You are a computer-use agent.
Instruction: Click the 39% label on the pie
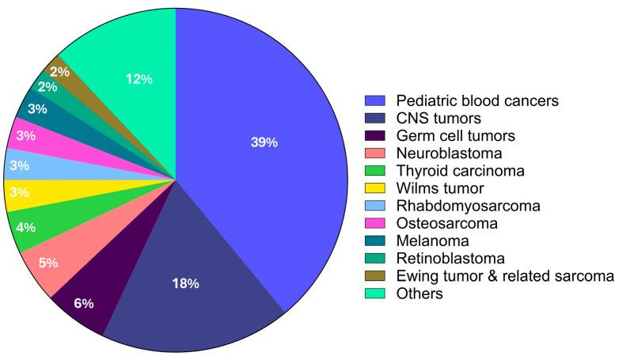click(264, 142)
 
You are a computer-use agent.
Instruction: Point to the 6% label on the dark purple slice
click(85, 303)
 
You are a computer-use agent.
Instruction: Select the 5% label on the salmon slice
click(47, 263)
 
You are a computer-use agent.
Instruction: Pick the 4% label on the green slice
click(25, 228)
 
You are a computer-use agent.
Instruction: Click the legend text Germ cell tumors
click(448, 135)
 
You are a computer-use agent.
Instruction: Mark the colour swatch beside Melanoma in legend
click(374, 241)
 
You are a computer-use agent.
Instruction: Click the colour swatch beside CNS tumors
click(374, 118)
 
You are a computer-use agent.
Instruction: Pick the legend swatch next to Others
click(374, 293)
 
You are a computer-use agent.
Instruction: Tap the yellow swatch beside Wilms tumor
click(374, 188)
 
